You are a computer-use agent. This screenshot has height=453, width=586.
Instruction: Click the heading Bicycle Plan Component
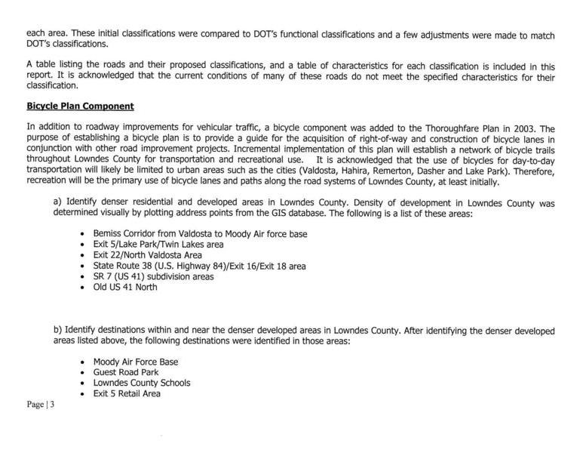[x=80, y=106]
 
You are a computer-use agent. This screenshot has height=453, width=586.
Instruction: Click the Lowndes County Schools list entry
[x=141, y=383]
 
